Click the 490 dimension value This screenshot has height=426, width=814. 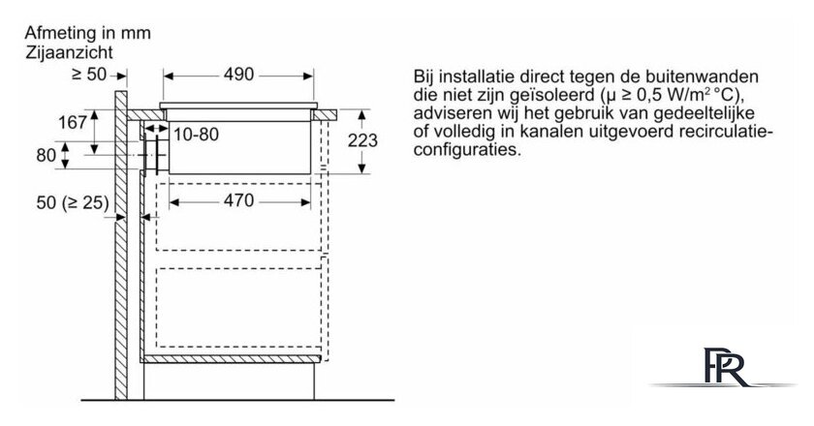(x=238, y=75)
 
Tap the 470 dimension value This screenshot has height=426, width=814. (x=238, y=200)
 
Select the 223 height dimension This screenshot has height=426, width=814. (x=362, y=140)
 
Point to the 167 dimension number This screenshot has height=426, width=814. (x=72, y=123)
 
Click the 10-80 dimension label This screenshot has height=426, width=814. (x=196, y=135)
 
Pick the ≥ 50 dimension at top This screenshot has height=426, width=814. (x=89, y=75)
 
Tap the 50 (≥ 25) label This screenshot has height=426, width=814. (x=73, y=203)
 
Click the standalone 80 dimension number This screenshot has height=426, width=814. (x=47, y=155)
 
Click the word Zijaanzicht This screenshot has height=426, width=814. (x=69, y=52)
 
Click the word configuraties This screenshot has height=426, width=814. (x=467, y=150)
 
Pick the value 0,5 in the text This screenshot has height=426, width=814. (x=651, y=96)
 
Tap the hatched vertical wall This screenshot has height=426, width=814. (x=121, y=245)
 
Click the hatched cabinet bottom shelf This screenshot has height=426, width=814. (x=232, y=358)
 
